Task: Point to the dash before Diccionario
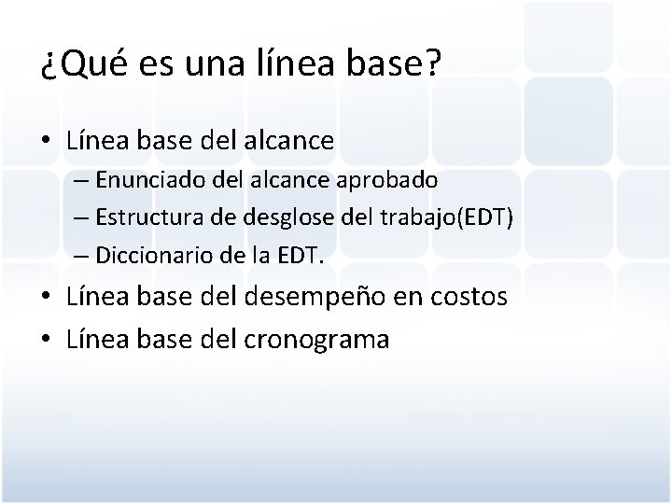pyautogui.click(x=79, y=253)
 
